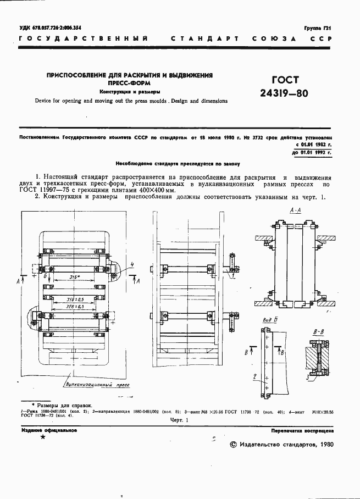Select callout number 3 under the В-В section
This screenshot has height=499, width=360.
pos(308,379)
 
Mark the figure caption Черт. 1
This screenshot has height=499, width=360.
pos(179,420)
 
